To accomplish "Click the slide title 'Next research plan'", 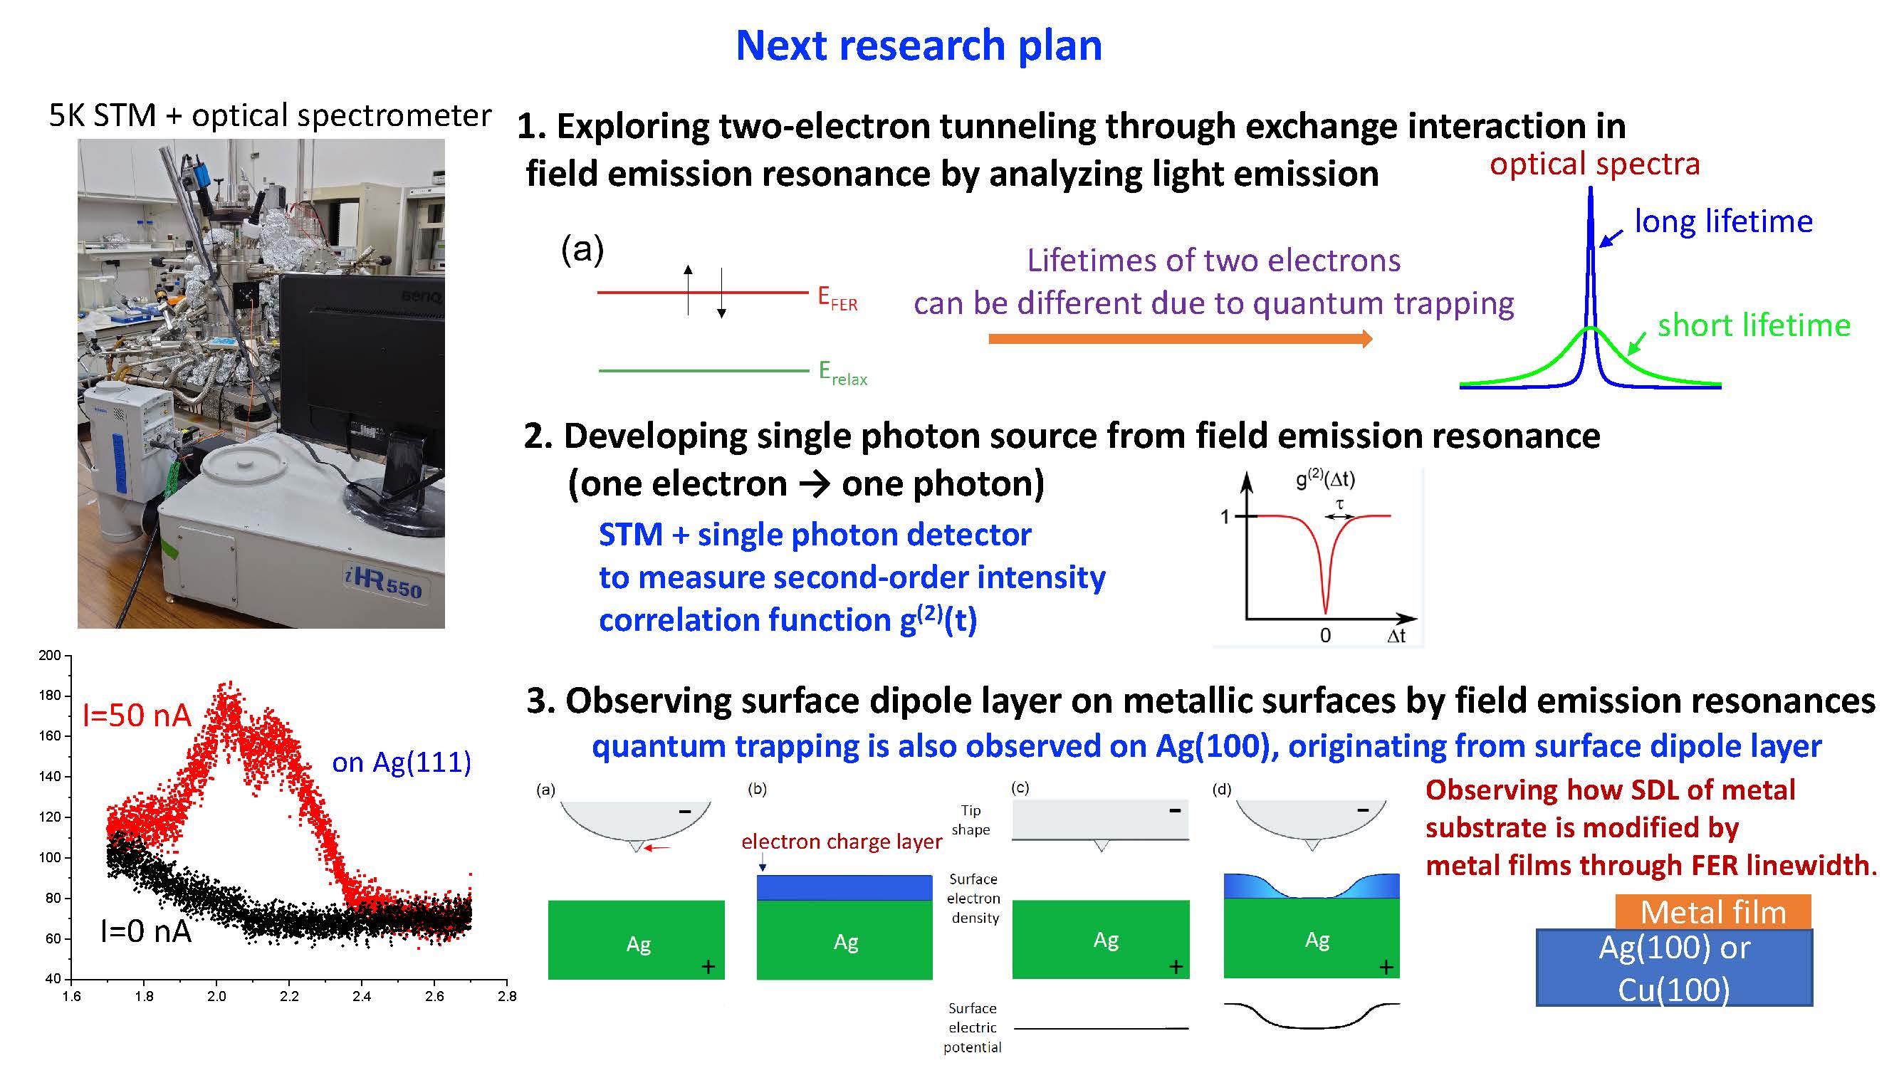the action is click(919, 46).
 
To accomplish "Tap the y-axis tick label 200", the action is click(49, 655).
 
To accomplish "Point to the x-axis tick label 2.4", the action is click(361, 997).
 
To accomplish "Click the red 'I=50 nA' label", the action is click(137, 716).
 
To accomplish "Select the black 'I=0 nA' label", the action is click(146, 931).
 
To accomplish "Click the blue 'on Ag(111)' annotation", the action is click(401, 762).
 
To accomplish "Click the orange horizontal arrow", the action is click(1181, 338).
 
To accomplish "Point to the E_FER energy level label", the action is click(837, 298).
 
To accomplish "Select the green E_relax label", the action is click(842, 373).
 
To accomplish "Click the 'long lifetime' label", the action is click(1724, 221).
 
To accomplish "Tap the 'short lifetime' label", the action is click(1754, 325).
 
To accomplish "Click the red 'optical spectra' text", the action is click(1594, 164).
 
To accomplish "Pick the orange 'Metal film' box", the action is click(1713, 912).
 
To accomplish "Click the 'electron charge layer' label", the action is click(841, 842).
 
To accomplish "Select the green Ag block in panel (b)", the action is click(844, 940).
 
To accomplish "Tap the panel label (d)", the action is click(1222, 790).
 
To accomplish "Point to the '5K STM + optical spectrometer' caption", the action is click(270, 116).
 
